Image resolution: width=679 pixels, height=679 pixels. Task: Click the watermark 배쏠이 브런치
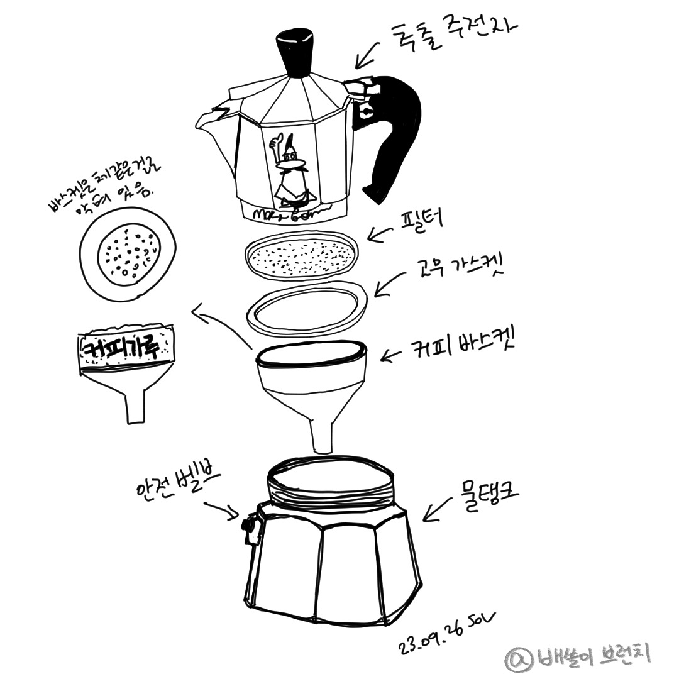tap(578, 656)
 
